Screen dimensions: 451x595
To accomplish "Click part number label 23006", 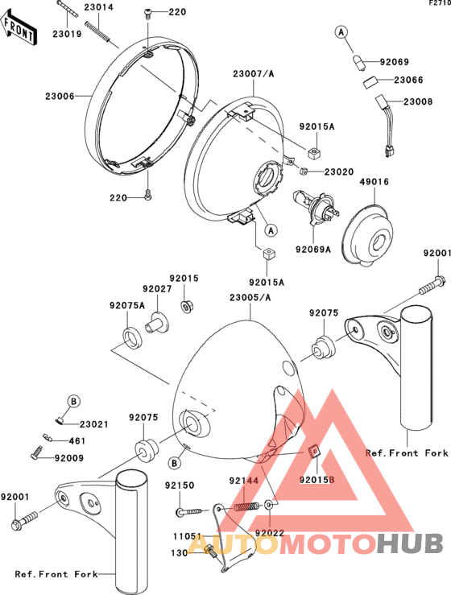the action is pos(60,97).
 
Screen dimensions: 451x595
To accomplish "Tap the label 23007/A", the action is pos(253,73).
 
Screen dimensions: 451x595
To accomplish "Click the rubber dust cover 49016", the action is pos(367,235).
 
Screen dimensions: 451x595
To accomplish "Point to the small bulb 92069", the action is pos(358,63).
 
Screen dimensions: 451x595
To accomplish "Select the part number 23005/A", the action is pos(250,298).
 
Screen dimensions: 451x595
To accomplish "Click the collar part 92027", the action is pos(157,324).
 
